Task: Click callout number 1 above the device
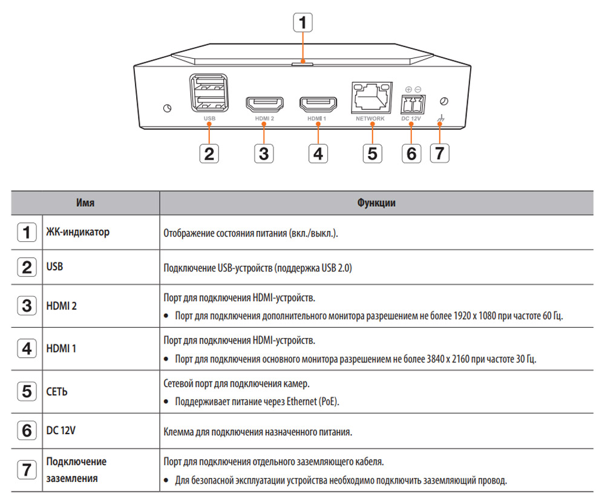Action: point(303,23)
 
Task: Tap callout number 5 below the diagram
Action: point(372,154)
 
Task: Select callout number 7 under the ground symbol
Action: point(440,154)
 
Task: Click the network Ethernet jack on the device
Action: point(370,96)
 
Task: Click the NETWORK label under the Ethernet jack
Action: point(370,119)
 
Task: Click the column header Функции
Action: point(376,203)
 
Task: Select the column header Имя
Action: point(85,203)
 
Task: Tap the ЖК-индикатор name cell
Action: point(78,232)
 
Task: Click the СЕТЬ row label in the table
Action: point(57,391)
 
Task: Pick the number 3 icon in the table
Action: point(26,306)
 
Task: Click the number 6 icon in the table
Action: point(26,431)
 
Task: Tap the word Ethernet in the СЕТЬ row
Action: point(295,401)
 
